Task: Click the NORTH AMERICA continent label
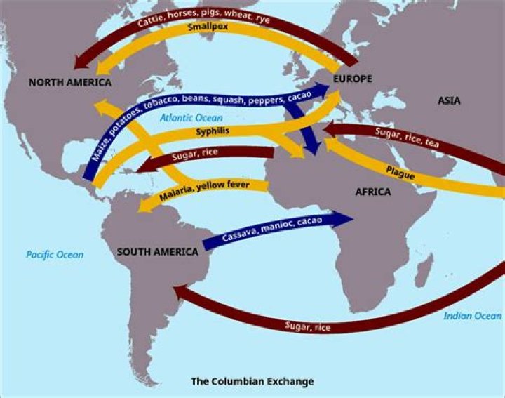70,83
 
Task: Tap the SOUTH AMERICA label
158,252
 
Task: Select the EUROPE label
352,79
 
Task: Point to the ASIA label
449,101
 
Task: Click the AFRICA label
372,191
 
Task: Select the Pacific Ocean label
55,255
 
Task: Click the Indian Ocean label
472,316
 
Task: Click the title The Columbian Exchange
252,382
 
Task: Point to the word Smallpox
210,29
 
